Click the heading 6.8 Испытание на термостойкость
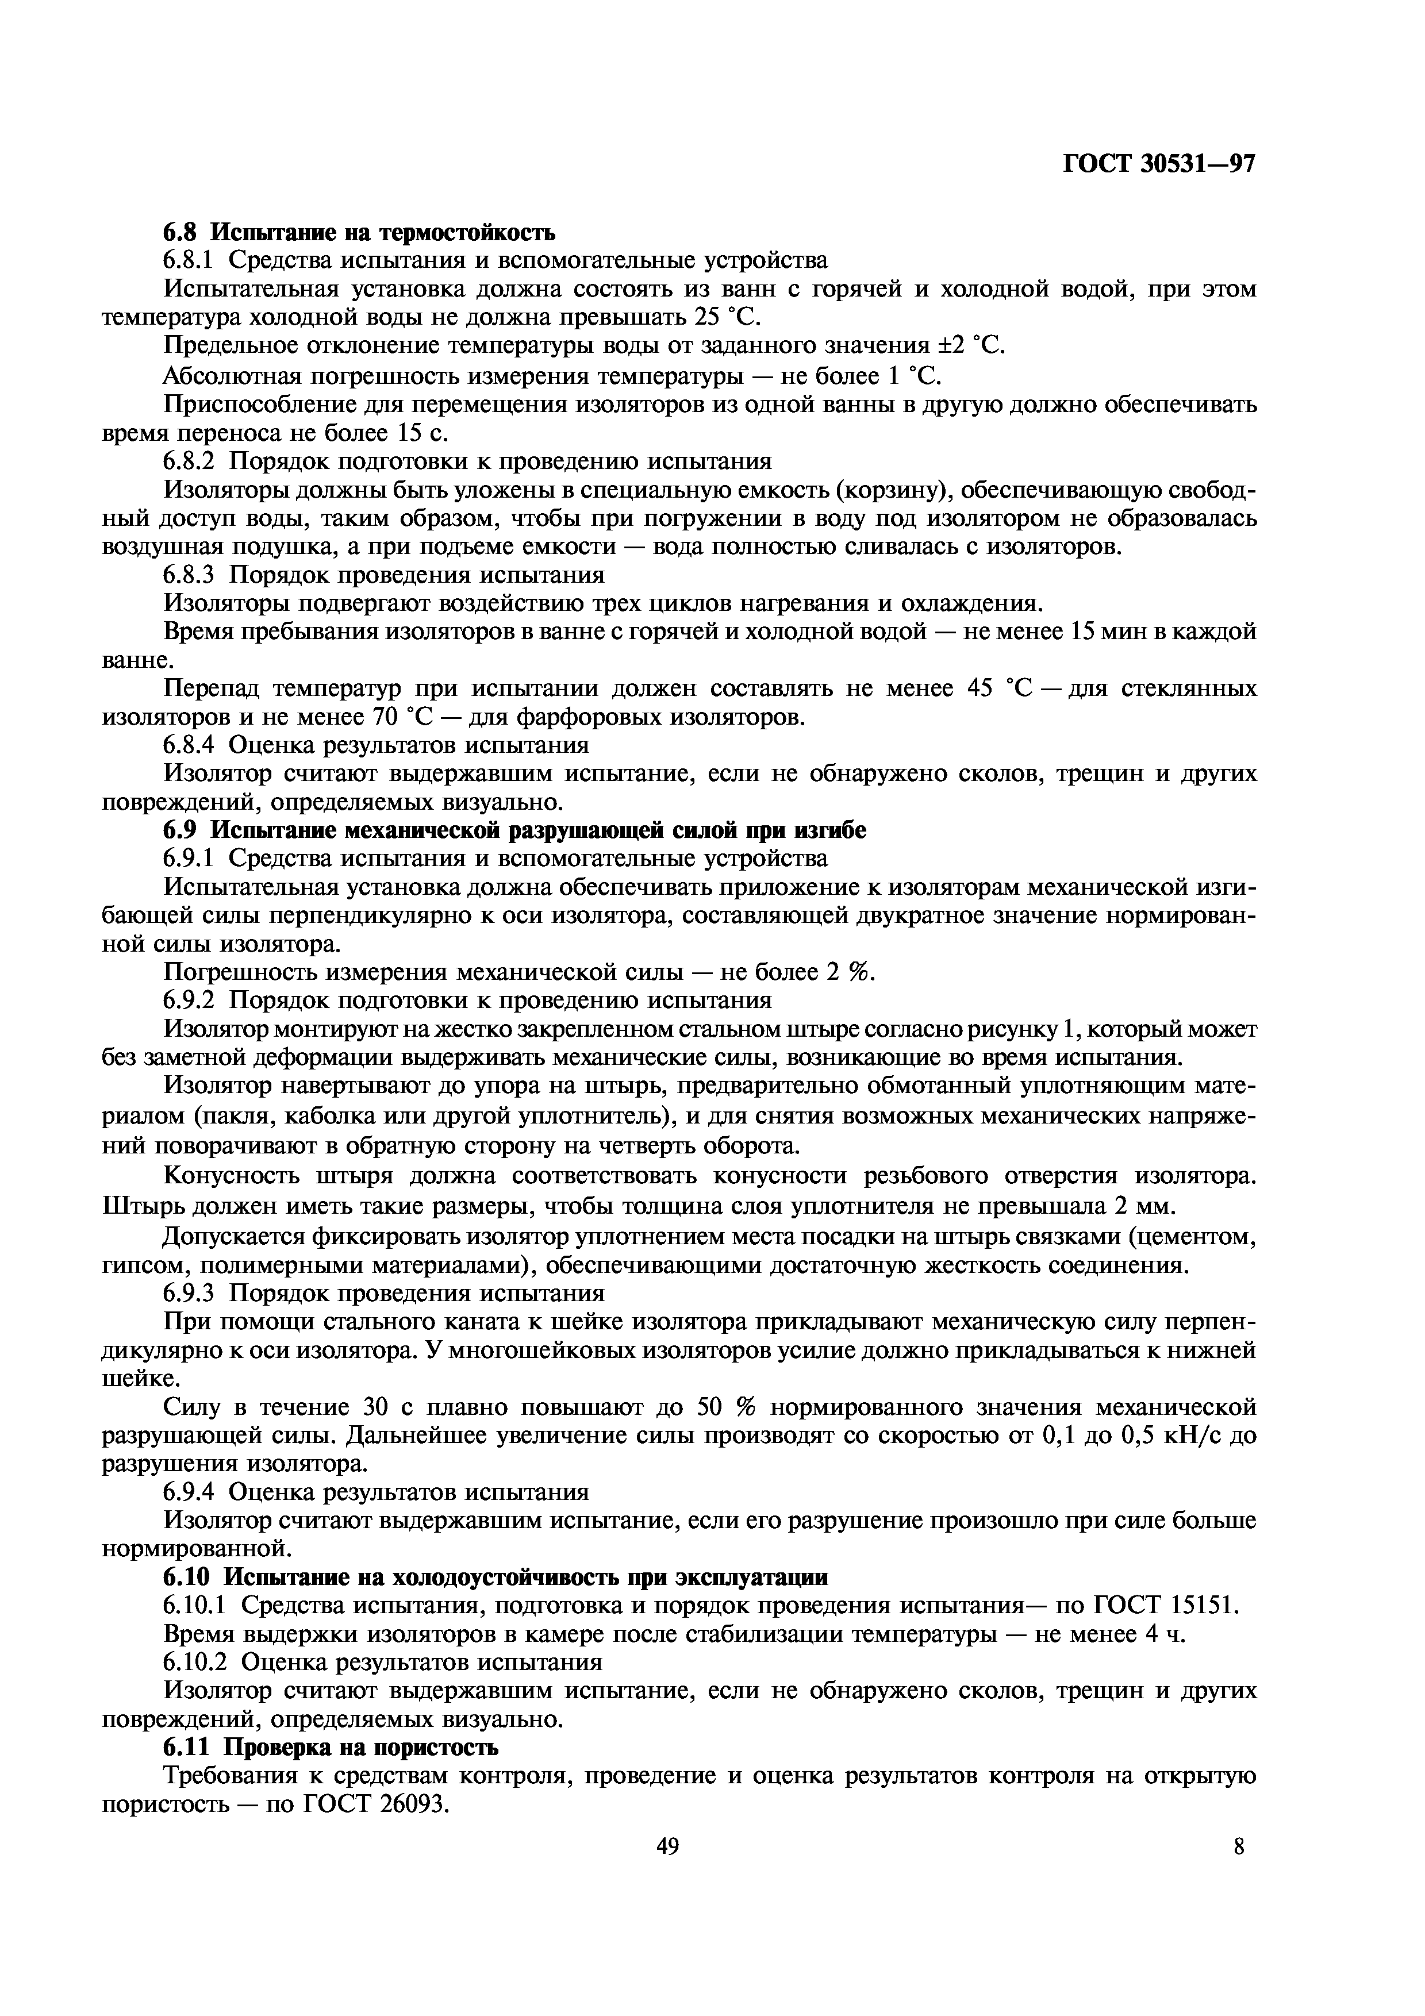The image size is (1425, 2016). [x=359, y=233]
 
